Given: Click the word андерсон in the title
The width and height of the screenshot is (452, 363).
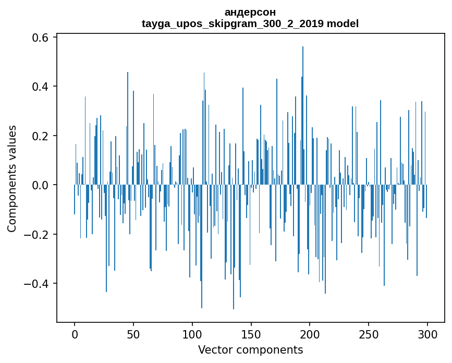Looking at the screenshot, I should click(x=250, y=12).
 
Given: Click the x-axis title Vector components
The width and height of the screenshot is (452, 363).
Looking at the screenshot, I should click(x=250, y=349).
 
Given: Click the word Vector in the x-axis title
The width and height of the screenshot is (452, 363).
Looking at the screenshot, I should click(x=214, y=349).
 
